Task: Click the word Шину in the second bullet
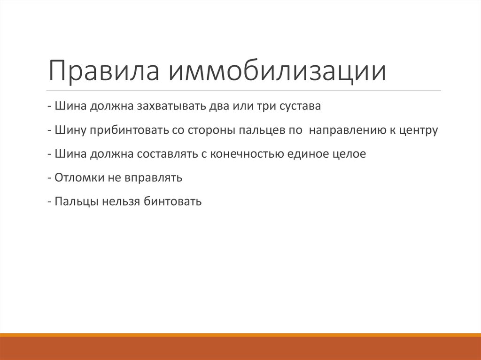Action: pos(70,130)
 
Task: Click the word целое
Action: pos(349,154)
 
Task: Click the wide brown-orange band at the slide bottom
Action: pos(240,348)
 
